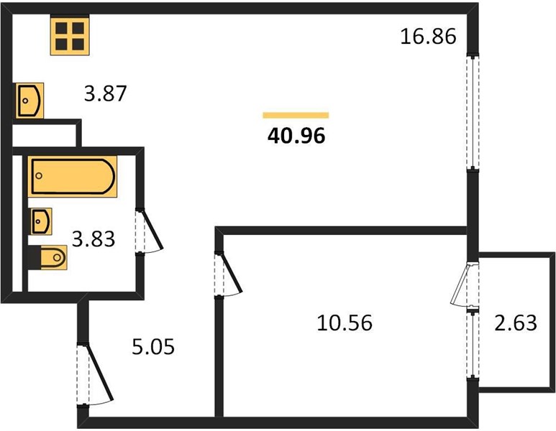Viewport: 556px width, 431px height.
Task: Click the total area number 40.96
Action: tap(296, 136)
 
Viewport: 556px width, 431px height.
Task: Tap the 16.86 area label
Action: tap(428, 37)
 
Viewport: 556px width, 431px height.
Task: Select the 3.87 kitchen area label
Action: tap(105, 94)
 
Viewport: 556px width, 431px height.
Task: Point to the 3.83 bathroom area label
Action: tap(94, 238)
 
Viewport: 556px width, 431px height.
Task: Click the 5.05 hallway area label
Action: tap(153, 347)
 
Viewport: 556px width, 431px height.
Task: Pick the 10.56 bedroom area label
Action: tap(345, 323)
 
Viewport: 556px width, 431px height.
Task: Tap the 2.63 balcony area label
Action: tap(516, 323)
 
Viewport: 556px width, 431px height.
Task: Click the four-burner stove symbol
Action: tap(70, 36)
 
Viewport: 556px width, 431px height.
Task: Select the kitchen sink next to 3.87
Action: tap(29, 101)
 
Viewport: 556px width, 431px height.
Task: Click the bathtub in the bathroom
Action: tap(73, 176)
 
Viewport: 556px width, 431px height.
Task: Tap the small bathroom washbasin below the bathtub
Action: tap(41, 221)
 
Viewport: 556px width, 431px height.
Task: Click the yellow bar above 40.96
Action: tap(296, 115)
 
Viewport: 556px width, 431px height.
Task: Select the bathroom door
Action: tap(148, 231)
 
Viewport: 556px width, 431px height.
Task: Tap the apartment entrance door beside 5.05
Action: tap(94, 374)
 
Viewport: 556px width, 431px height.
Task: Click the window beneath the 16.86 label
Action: tap(473, 112)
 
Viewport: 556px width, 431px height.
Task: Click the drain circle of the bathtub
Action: tap(39, 176)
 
